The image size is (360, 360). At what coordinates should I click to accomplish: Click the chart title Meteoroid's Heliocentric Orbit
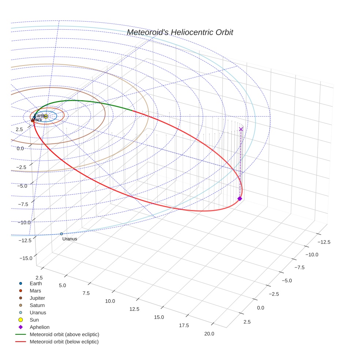pos(180,33)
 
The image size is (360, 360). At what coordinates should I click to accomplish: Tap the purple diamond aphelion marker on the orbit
pos(240,199)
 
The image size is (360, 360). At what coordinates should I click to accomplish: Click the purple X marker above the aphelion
pos(241,129)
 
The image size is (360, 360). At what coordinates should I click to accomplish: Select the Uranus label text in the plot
pos(70,239)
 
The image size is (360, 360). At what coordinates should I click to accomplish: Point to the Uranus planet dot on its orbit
pos(61,234)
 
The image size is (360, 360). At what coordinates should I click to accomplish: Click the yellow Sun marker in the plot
pos(46,116)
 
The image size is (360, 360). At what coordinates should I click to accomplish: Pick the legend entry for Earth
pos(35,284)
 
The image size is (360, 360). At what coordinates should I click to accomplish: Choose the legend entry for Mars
pos(35,291)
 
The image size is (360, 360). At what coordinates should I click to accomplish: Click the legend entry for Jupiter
pos(37,298)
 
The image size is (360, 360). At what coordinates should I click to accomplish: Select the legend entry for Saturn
pos(37,305)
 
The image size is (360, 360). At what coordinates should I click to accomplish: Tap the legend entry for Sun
pos(34,320)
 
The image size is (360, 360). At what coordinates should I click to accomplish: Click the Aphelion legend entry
pos(39,327)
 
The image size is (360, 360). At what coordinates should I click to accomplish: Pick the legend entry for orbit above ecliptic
pos(64,334)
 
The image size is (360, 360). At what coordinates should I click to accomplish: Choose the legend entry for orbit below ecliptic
pos(64,342)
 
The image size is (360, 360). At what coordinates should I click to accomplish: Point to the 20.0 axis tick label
pos(209,334)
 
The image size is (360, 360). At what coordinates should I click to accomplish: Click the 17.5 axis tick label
pos(184,326)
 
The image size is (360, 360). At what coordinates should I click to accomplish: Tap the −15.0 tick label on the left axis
pos(26,258)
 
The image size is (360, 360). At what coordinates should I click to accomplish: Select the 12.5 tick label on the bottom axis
pos(134,309)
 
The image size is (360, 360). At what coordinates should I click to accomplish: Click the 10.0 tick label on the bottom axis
pos(110,301)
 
